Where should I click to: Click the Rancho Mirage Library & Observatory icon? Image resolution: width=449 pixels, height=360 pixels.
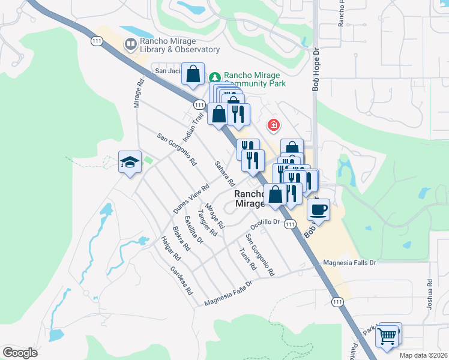[130, 44]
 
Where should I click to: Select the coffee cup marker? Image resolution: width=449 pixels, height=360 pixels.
[318, 209]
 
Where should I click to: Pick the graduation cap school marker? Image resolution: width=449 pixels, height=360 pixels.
[130, 161]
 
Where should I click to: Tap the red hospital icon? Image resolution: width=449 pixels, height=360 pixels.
[274, 125]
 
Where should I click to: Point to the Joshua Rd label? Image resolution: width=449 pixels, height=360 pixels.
[430, 295]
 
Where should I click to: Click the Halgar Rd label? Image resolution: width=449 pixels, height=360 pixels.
[170, 247]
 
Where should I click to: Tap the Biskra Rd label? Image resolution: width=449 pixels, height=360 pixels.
[181, 238]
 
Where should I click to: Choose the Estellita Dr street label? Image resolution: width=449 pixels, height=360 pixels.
[194, 229]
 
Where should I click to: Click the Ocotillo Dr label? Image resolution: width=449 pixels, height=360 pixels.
[265, 223]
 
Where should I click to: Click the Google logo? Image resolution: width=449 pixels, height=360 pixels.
[20, 353]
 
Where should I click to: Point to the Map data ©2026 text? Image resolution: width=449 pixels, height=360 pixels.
[424, 355]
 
